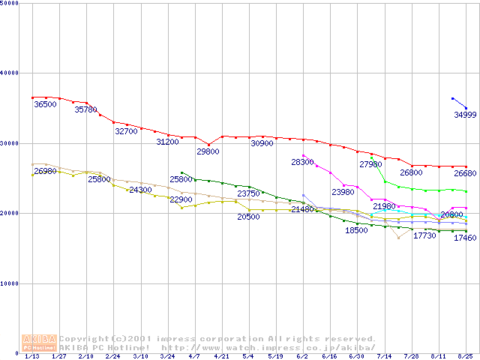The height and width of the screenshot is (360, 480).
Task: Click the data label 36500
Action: coord(45,105)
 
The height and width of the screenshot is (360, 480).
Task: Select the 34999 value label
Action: coord(465,115)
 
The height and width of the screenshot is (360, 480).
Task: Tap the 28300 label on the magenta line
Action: coord(302,162)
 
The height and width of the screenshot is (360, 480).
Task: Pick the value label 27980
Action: coord(371,164)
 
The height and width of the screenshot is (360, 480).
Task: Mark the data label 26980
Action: coord(45,171)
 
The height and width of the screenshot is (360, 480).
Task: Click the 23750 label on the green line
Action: coord(248,193)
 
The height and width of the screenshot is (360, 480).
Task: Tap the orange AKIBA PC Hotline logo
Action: coord(40,343)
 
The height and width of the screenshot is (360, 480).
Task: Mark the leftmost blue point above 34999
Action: coord(452,98)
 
